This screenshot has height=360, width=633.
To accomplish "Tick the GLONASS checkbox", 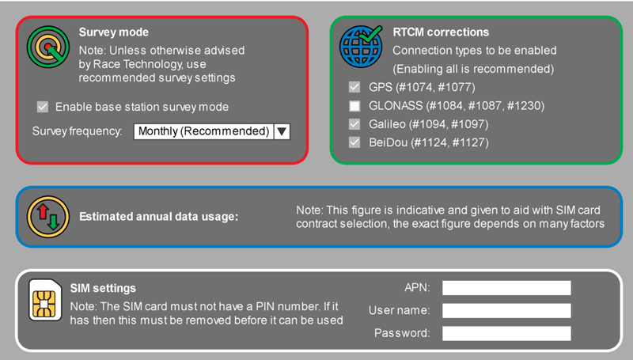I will [354, 105].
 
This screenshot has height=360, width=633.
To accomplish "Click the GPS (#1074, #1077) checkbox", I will [354, 87].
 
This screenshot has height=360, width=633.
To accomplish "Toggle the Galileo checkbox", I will [354, 124].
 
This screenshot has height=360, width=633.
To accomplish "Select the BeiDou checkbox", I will [354, 142].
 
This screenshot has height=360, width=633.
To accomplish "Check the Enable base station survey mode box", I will [42, 107].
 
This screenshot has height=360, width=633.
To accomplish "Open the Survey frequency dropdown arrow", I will [282, 131].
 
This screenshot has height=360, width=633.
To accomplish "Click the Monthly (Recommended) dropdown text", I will [203, 131].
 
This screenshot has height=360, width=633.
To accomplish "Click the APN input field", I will [506, 288].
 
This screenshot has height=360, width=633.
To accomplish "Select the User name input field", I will [506, 310].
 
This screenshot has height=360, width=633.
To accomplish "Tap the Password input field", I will [506, 333].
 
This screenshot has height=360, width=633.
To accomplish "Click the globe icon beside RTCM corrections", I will [361, 47].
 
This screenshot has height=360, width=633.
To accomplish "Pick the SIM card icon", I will [46, 300].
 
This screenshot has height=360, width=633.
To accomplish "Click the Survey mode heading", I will [113, 32].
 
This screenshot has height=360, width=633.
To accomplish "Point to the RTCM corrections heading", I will [440, 32].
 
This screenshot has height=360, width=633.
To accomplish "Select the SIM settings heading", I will [103, 289].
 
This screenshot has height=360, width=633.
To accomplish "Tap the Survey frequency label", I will [78, 131].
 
